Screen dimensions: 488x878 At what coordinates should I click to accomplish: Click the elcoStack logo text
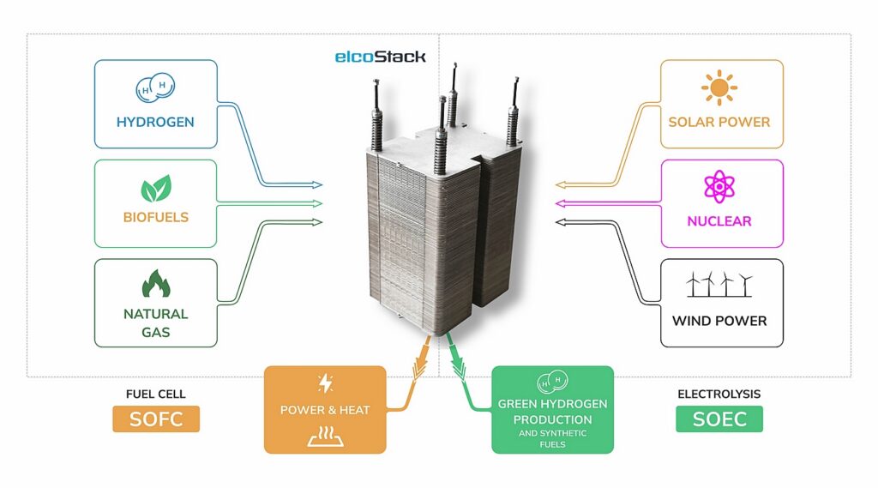(380, 57)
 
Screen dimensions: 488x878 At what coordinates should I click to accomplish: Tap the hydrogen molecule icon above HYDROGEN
(155, 87)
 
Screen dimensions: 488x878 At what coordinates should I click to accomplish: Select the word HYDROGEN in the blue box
(155, 122)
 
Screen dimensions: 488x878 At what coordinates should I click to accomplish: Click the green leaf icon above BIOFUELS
(155, 188)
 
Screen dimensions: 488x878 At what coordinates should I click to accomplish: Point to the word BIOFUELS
(155, 217)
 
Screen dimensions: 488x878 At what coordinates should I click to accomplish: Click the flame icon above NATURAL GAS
(155, 284)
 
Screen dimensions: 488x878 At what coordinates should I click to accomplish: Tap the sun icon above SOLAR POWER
(719, 87)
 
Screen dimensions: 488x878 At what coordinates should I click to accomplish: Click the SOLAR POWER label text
(719, 122)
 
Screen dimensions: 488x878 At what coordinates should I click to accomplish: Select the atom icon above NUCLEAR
(719, 187)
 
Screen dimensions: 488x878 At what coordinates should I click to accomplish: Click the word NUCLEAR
(719, 221)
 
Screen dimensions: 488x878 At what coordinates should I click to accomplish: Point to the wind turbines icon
(719, 285)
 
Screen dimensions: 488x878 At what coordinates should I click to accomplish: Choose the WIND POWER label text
(719, 321)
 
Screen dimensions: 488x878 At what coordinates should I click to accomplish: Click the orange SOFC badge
(155, 419)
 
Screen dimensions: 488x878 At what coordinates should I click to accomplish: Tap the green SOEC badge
(719, 419)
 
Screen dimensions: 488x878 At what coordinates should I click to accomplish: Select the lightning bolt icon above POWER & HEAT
(325, 383)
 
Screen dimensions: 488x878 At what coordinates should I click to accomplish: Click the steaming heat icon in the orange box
(325, 437)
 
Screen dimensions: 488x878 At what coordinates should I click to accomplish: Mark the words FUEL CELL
(155, 395)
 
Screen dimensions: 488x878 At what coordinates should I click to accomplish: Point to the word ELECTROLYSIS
(719, 395)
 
